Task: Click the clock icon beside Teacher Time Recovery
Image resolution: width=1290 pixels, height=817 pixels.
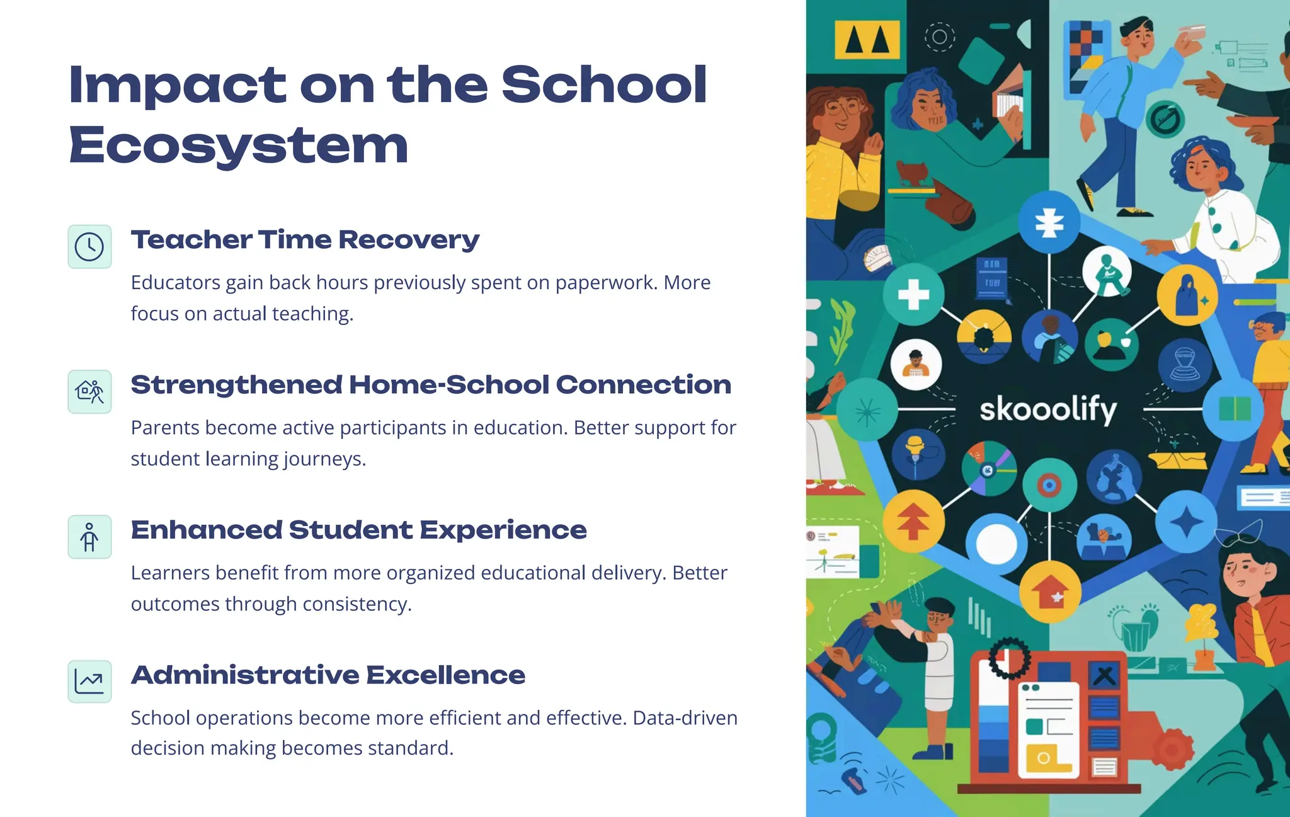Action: click(x=89, y=246)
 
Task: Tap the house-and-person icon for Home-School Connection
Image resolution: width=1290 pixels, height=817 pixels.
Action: click(x=89, y=392)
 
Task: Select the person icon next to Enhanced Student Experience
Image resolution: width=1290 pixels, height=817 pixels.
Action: click(x=89, y=537)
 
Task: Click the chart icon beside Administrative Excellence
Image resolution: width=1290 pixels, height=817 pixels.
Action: click(x=89, y=682)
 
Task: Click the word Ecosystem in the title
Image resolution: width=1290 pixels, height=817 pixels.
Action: click(x=239, y=145)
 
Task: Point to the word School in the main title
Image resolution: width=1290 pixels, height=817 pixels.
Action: click(x=603, y=84)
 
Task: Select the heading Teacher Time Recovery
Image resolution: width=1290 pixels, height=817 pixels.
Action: click(x=305, y=239)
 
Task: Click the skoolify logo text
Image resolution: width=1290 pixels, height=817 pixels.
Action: click(x=1048, y=409)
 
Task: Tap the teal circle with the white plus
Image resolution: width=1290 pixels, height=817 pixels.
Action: click(x=913, y=294)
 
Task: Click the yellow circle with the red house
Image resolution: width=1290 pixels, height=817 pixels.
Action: click(x=1050, y=591)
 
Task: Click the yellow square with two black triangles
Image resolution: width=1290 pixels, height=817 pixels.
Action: click(x=867, y=39)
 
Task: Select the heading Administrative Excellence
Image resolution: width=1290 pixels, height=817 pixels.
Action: click(x=328, y=675)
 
